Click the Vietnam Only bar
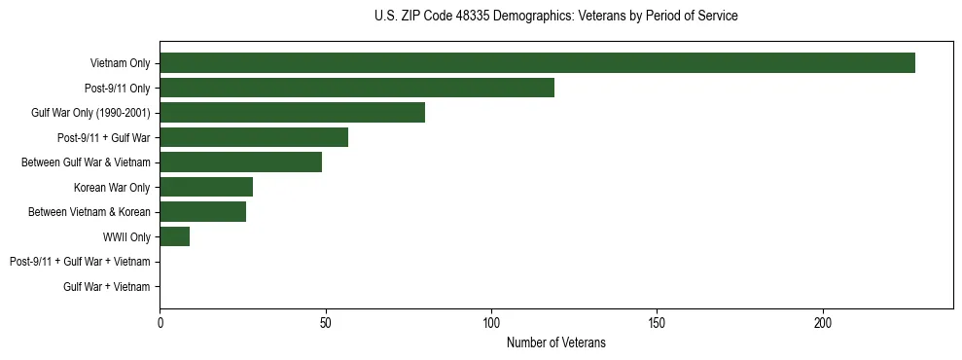pos(537,63)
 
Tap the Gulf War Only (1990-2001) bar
pos(292,113)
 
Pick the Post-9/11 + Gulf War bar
pos(254,137)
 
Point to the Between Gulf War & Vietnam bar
pos(240,162)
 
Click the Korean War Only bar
pos(206,187)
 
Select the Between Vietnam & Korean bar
pos(202,212)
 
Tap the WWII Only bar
pos(174,236)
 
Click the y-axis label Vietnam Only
pos(120,63)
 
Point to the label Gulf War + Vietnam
pos(107,287)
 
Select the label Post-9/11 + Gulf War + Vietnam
pos(80,262)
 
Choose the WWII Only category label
pos(126,236)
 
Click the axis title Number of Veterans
pos(555,342)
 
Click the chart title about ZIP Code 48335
pos(555,17)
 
